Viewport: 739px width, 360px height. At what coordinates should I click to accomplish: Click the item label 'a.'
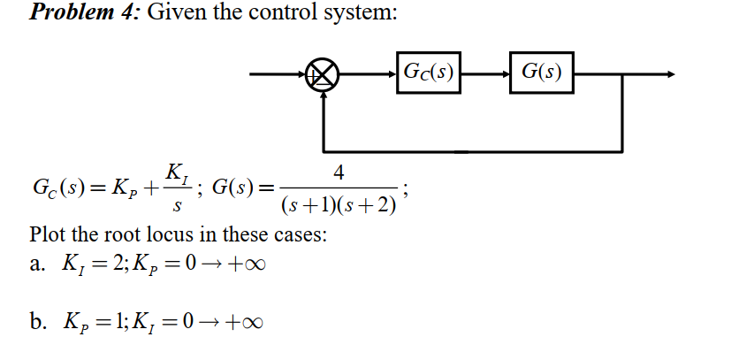coord(37,265)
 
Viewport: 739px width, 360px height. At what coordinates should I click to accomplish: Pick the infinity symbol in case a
coord(251,265)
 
